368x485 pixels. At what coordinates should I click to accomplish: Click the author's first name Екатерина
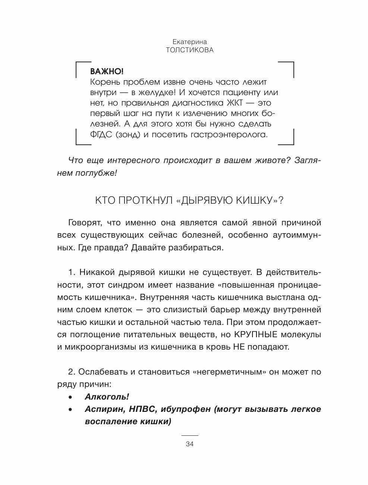pos(190,42)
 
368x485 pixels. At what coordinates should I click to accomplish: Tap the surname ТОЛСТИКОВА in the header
pos(190,50)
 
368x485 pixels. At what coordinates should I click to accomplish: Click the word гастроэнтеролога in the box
pos(230,134)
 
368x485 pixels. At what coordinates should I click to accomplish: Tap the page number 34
pos(189,444)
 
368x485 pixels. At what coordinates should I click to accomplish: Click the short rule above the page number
pos(189,435)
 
